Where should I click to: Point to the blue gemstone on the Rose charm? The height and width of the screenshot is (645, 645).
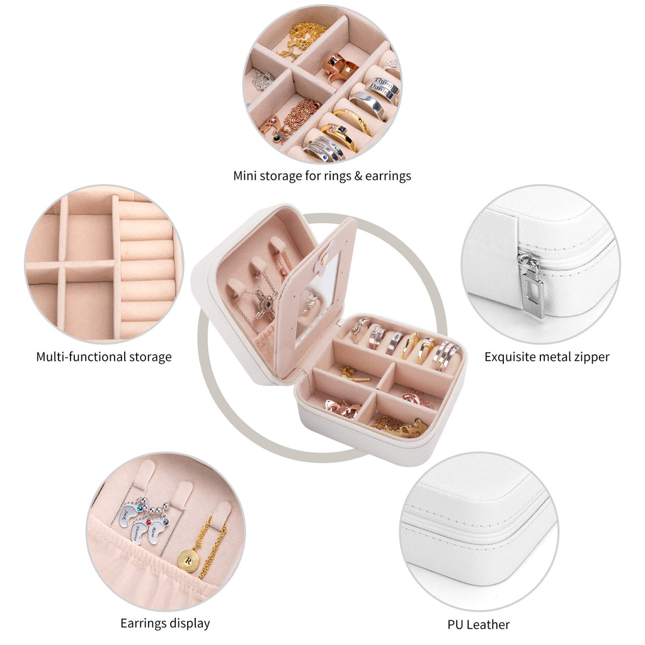[x=165, y=522]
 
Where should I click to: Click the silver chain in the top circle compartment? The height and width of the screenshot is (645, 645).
[x=263, y=79]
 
